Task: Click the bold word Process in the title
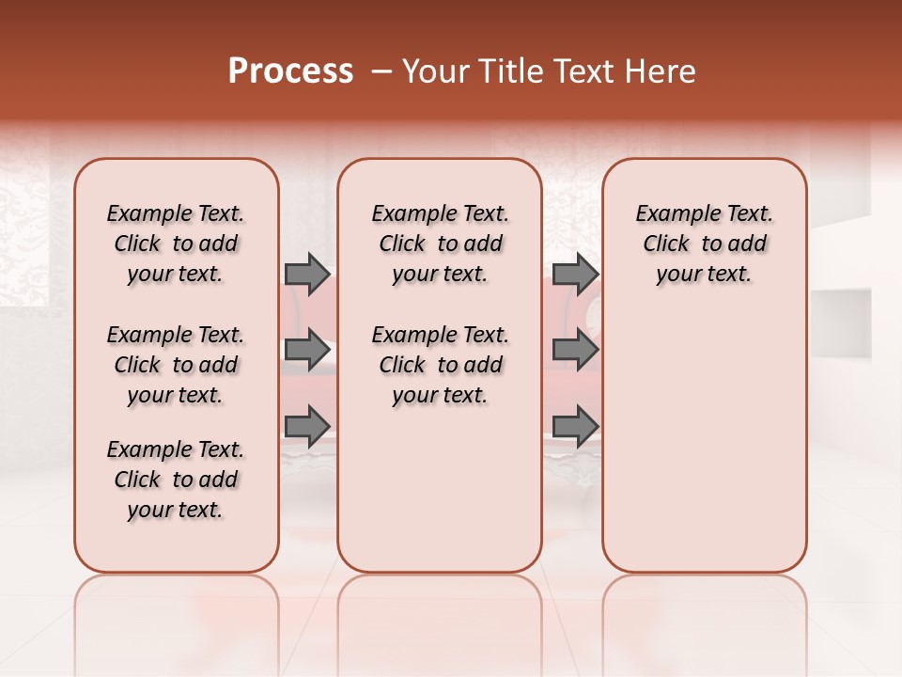pos(290,71)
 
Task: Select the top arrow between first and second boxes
pos(307,274)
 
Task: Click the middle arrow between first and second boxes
pos(307,350)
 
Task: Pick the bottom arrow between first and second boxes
pos(307,426)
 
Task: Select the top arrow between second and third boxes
pos(575,274)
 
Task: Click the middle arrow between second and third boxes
pos(575,350)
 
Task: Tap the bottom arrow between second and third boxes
pos(575,426)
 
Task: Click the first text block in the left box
pos(176,244)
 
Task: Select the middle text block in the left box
pos(176,365)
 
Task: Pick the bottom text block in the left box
pos(176,480)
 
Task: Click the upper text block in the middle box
pos(440,244)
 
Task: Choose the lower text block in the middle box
pos(440,365)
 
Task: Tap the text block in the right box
pos(704,244)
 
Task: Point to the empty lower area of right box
pos(704,442)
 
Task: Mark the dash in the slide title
pos(381,71)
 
